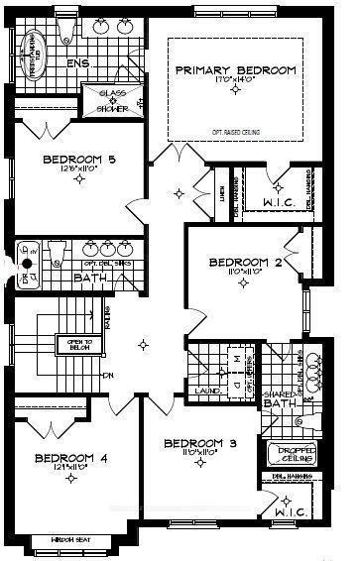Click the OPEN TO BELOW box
coord(73,343)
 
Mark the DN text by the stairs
coord(107,375)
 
